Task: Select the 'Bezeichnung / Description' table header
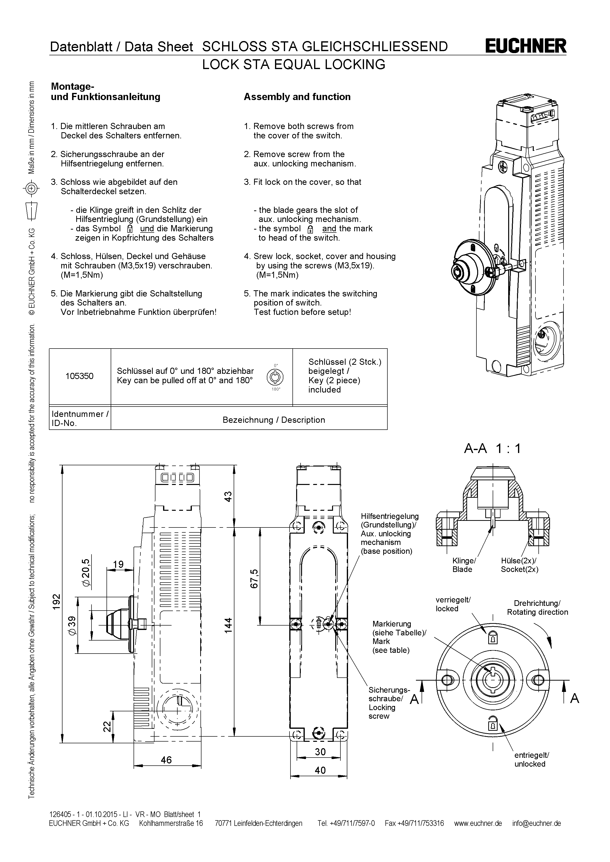(274, 420)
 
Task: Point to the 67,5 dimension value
(254, 579)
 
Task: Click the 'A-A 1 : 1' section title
(492, 448)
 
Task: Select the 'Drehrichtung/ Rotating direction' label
(537, 607)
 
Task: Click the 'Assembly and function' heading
(297, 97)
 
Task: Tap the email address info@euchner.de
(536, 823)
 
